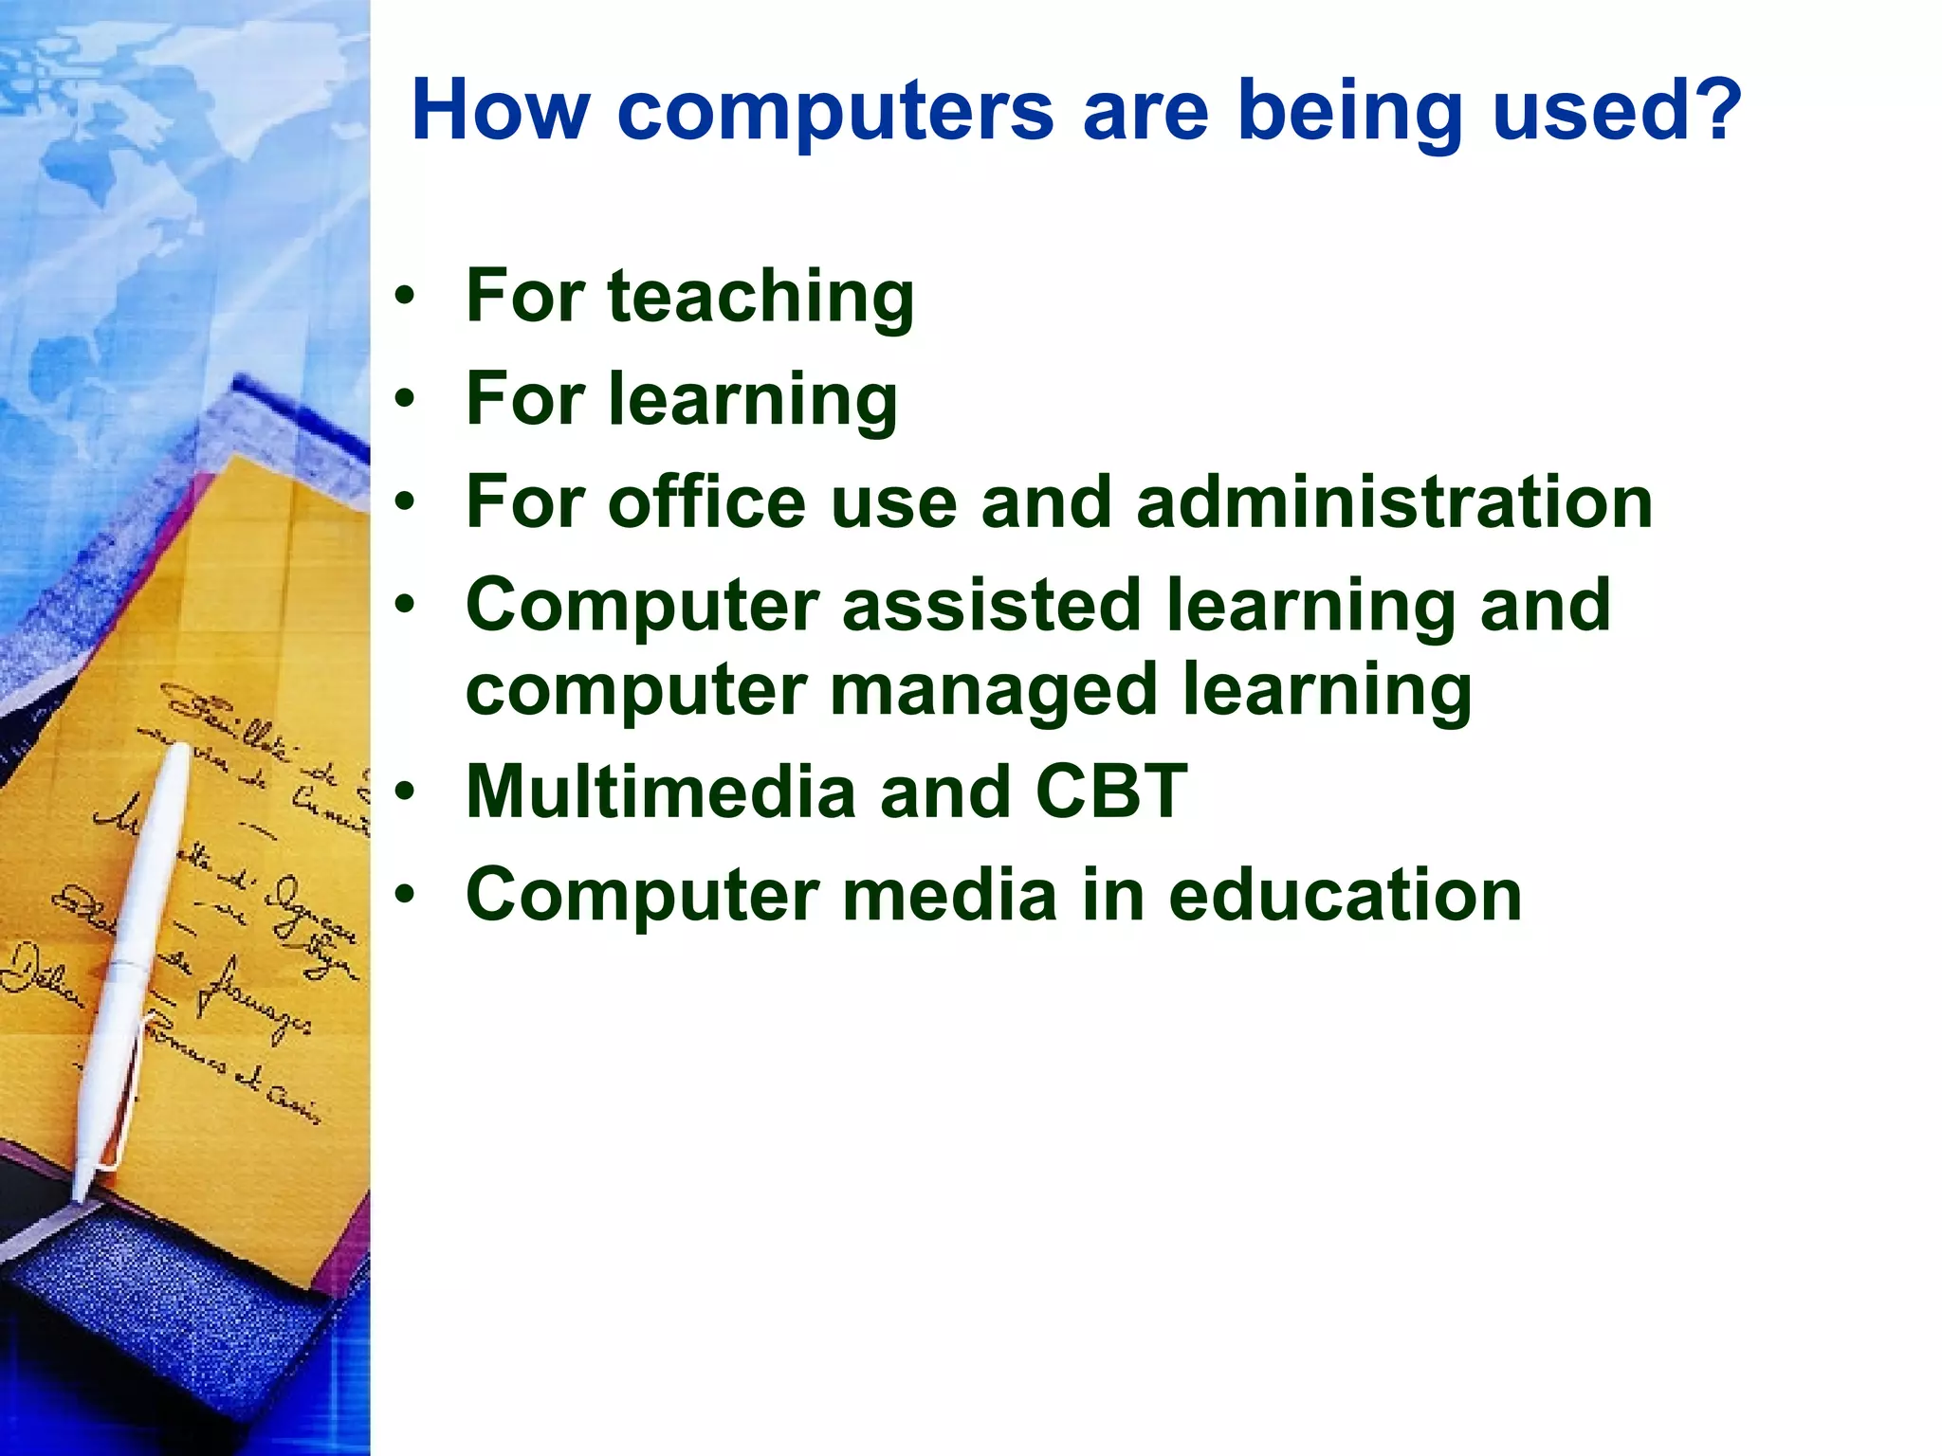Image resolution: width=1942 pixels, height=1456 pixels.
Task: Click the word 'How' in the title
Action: (500, 110)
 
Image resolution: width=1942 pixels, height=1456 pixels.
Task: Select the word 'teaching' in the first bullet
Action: (760, 297)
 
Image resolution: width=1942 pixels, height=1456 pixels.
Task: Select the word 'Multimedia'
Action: (661, 792)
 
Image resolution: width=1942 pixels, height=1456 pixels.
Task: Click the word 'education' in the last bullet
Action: (1345, 895)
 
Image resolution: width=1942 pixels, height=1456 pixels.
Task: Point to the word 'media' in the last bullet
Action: (949, 895)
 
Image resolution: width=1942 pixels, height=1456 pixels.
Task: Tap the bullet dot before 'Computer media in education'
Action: (406, 895)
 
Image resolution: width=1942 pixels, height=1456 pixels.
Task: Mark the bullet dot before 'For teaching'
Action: (406, 297)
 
